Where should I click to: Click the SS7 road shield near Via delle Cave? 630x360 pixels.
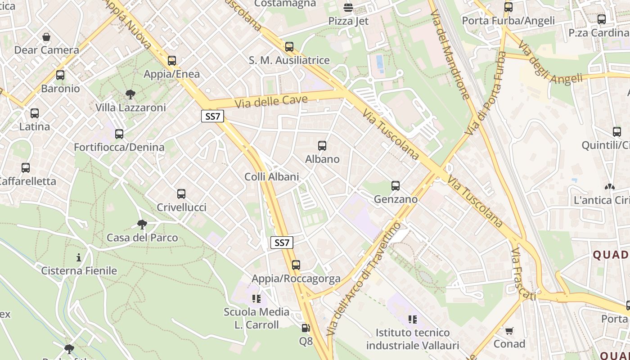pyautogui.click(x=212, y=117)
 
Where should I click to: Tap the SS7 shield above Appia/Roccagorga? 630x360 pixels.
pyautogui.click(x=282, y=243)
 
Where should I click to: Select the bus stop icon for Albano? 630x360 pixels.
pyautogui.click(x=322, y=146)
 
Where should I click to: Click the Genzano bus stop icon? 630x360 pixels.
pyautogui.click(x=396, y=186)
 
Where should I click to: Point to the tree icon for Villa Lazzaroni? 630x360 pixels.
pyautogui.click(x=130, y=94)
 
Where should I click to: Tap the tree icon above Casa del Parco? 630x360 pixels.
pyautogui.click(x=142, y=224)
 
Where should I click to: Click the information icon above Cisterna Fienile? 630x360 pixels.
pyautogui.click(x=79, y=257)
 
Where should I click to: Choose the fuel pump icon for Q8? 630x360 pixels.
pyautogui.click(x=306, y=328)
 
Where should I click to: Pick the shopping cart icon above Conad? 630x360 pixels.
pyautogui.click(x=509, y=331)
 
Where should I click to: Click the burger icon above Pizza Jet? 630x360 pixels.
pyautogui.click(x=348, y=8)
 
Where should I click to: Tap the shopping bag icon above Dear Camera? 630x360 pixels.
pyautogui.click(x=46, y=37)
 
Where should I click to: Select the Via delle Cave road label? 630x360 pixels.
pyautogui.click(x=271, y=101)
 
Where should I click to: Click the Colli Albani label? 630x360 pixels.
pyautogui.click(x=272, y=177)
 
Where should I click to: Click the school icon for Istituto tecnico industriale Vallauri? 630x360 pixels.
pyautogui.click(x=413, y=319)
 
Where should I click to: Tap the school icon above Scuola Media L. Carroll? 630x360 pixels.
pyautogui.click(x=257, y=298)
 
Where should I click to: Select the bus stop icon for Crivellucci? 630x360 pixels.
pyautogui.click(x=181, y=194)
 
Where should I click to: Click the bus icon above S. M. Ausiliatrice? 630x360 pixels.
pyautogui.click(x=289, y=47)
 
